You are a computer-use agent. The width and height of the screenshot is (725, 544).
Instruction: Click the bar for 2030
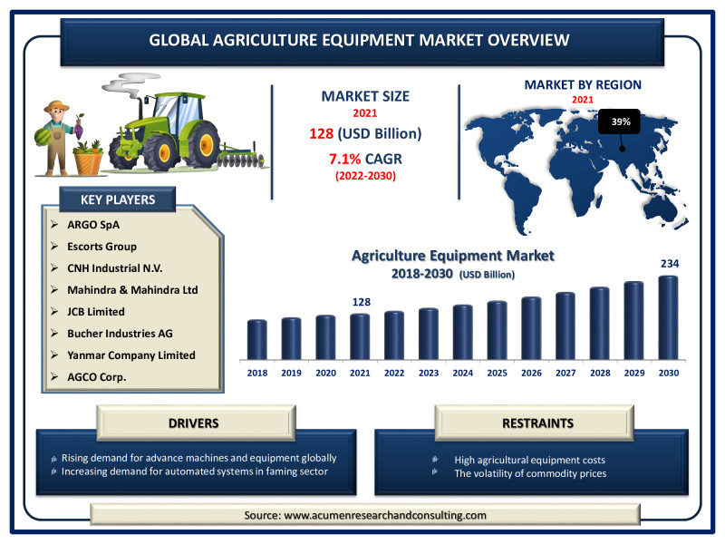point(668,317)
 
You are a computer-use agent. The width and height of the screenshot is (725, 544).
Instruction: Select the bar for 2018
point(257,339)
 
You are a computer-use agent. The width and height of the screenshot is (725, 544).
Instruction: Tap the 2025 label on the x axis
point(497,373)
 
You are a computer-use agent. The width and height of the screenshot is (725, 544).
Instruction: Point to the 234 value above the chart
point(670,264)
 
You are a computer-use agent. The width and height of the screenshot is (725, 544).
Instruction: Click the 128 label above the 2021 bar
point(361,302)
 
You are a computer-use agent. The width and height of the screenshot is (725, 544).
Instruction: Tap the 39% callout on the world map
point(620,121)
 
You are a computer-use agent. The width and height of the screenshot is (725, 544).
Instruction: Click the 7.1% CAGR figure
point(365,160)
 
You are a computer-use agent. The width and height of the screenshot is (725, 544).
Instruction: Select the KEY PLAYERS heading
point(118,199)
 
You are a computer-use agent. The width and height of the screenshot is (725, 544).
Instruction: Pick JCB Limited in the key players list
point(96,312)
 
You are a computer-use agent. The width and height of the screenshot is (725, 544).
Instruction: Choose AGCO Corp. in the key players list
point(97,377)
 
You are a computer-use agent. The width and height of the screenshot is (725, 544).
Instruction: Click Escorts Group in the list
point(101,247)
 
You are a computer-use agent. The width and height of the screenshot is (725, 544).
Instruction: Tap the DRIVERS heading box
point(196,423)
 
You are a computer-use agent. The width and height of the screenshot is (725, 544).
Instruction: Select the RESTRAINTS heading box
point(535,423)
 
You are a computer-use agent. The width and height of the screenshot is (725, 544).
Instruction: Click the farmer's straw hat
point(56,106)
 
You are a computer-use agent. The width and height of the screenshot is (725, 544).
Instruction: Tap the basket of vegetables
point(88,159)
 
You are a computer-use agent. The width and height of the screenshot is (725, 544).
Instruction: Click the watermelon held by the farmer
point(43,137)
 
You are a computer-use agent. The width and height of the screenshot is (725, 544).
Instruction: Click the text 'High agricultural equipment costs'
point(529,460)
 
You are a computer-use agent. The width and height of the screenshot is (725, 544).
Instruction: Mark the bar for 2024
point(463,332)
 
